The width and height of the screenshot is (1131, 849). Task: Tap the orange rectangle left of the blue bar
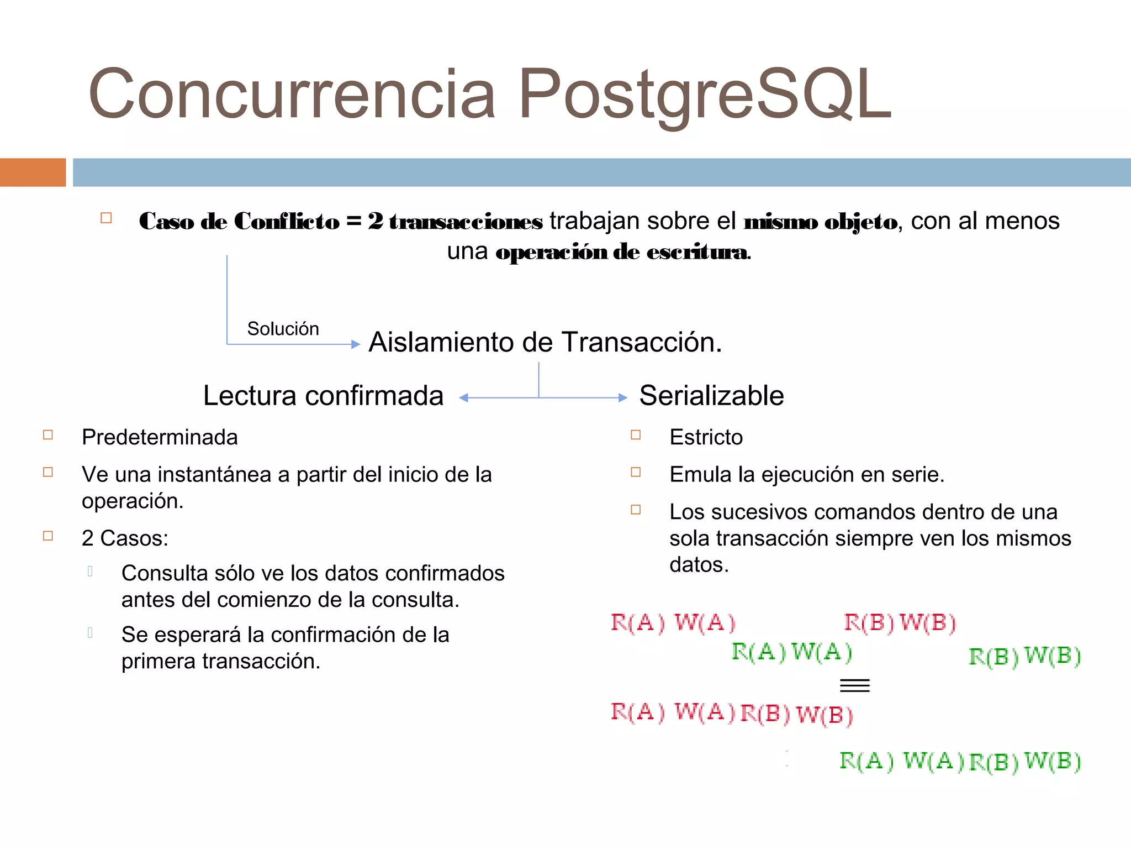click(33, 172)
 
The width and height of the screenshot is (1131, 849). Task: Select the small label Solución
click(283, 329)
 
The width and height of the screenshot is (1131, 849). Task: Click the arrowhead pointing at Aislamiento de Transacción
click(356, 344)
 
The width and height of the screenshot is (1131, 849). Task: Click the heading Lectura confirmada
click(323, 396)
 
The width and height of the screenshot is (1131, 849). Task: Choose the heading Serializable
click(711, 396)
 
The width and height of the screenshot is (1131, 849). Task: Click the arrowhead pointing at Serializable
click(623, 397)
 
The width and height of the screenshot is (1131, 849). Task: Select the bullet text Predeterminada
click(160, 437)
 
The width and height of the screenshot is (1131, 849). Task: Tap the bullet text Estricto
click(706, 437)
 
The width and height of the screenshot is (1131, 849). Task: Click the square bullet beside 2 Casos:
click(48, 536)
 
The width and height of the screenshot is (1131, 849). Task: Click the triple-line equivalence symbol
click(854, 686)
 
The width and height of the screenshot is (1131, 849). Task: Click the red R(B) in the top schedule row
click(869, 623)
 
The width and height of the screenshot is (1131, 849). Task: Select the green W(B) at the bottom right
click(1053, 761)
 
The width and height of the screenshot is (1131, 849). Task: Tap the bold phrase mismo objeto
click(821, 222)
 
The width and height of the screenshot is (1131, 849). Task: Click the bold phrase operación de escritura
click(622, 252)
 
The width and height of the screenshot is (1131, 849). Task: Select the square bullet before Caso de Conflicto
click(106, 218)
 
